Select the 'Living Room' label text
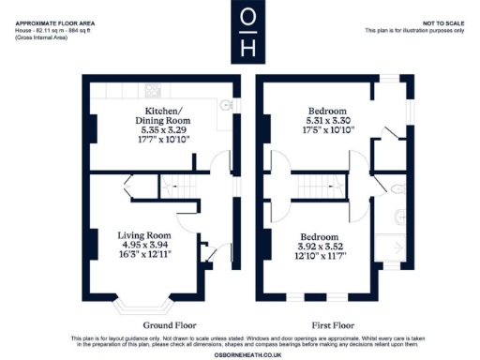(x=142, y=234)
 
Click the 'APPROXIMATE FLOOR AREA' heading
(x=55, y=22)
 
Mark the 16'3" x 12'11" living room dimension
(x=142, y=254)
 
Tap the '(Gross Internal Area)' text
(x=38, y=37)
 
